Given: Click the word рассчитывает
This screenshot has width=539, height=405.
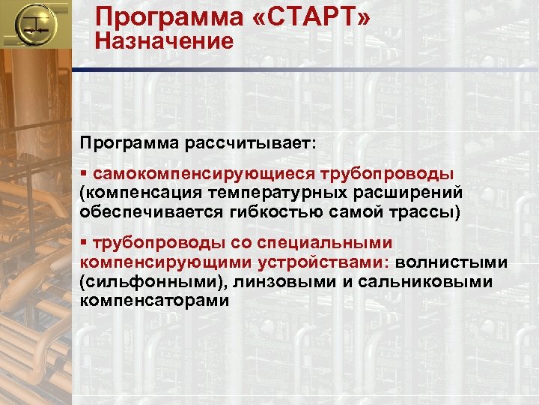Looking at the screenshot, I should [x=258, y=142].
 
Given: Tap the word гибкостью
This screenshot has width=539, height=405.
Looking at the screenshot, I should [x=284, y=211].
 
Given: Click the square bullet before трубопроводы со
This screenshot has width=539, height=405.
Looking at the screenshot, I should [x=84, y=243].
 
